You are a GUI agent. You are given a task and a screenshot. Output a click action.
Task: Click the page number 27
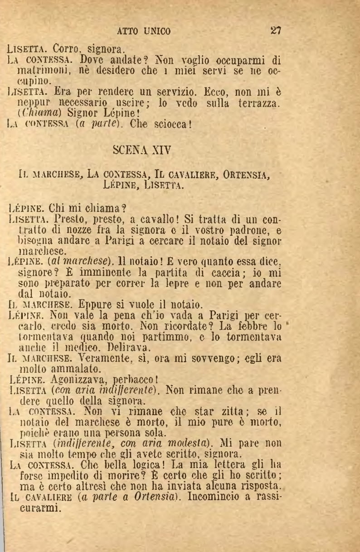click(x=276, y=31)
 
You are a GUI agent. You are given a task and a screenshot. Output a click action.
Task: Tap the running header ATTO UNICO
click(x=144, y=31)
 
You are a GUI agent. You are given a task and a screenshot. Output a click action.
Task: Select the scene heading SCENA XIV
click(x=144, y=148)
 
